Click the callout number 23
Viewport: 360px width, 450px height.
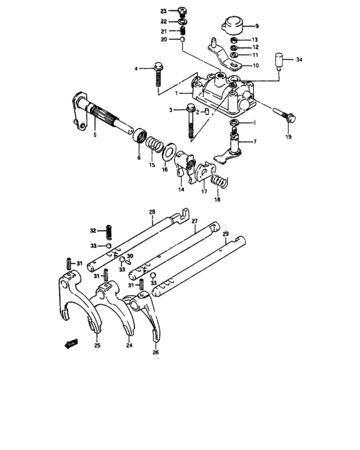coord(163,12)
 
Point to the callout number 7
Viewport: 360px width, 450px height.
coord(255,141)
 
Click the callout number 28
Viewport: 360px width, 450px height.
coord(152,212)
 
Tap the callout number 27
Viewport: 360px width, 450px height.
coord(195,222)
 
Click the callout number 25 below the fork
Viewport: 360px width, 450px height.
coord(97,346)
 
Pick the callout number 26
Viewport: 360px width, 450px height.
coord(156,352)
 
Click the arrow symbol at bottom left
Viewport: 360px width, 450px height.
coord(69,343)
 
